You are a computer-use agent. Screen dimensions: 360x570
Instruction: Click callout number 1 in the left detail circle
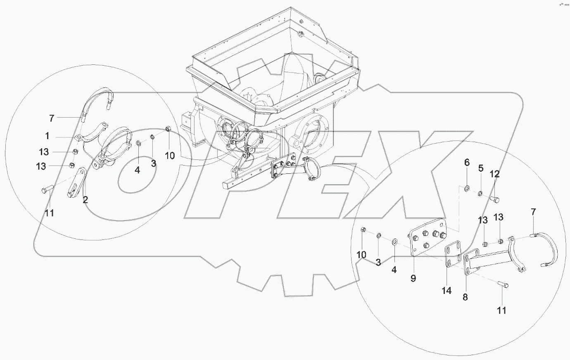point(47,136)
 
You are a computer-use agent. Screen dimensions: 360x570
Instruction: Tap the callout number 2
point(85,201)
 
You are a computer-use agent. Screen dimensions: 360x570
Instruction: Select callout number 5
point(481,168)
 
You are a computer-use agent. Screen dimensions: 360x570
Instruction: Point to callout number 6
point(467,163)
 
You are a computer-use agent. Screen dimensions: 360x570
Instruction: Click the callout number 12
point(494,174)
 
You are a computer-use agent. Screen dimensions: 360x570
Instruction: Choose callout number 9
point(413,279)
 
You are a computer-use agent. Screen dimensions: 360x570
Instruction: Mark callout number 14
point(446,291)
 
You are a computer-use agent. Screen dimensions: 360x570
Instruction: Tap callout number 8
point(465,297)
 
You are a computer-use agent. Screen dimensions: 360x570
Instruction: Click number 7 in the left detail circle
point(52,118)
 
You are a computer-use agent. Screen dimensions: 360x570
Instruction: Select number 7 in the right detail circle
point(533,212)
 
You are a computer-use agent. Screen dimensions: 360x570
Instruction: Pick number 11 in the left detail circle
point(50,213)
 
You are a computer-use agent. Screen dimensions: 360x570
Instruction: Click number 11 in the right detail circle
point(501,310)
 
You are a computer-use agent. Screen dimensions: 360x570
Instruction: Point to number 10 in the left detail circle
point(170,156)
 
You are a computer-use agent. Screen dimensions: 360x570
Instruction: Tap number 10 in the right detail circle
point(361,255)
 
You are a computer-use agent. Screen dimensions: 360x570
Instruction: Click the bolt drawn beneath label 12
point(495,200)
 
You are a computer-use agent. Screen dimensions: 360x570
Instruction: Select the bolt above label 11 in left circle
point(47,189)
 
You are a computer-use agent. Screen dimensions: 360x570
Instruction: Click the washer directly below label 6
point(466,189)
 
